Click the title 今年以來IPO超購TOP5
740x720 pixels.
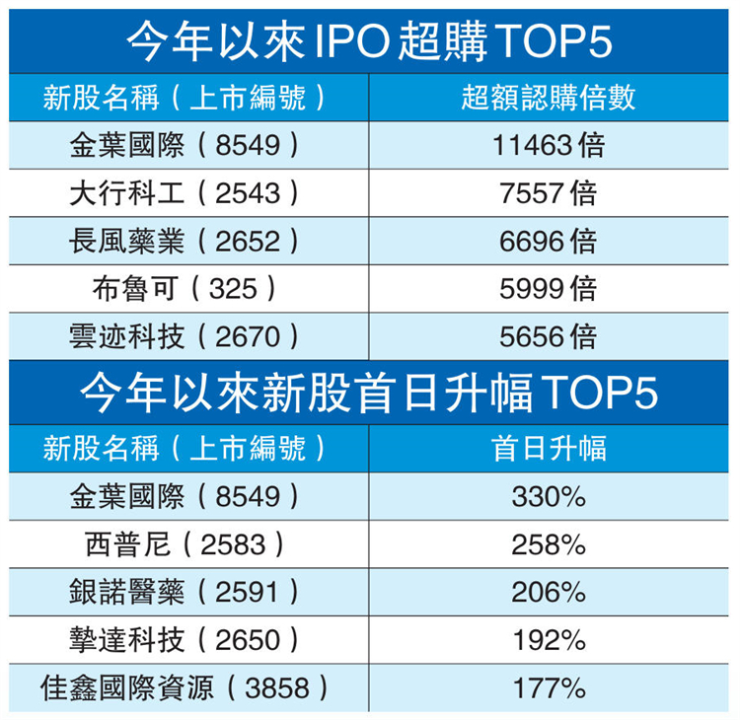click(x=370, y=41)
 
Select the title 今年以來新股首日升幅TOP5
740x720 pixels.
click(x=370, y=393)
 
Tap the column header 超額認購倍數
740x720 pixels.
click(x=549, y=97)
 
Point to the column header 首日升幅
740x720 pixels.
click(x=549, y=449)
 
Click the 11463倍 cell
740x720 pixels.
click(x=549, y=146)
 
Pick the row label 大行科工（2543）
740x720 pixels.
click(x=185, y=193)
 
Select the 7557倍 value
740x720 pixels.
click(x=549, y=193)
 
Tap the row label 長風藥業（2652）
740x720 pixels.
click(x=185, y=241)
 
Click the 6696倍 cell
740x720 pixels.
click(x=549, y=241)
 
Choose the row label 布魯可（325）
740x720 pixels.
click(x=185, y=289)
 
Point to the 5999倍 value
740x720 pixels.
click(x=549, y=289)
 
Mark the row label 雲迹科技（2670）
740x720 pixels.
click(x=185, y=337)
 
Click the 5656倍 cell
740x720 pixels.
click(x=549, y=337)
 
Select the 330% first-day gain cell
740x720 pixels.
click(x=549, y=497)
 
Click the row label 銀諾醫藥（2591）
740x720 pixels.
click(x=185, y=593)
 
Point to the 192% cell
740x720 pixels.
click(x=549, y=640)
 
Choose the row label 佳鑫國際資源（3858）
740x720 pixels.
click(x=185, y=687)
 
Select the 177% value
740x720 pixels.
click(x=549, y=687)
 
